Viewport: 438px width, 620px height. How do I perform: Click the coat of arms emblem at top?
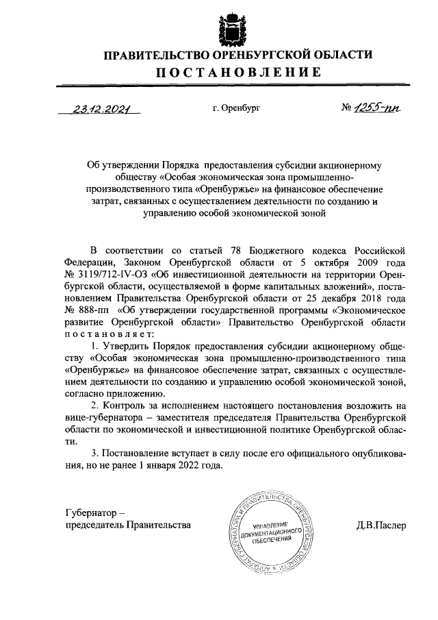point(227,27)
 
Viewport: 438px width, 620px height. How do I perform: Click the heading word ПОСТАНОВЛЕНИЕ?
point(227,72)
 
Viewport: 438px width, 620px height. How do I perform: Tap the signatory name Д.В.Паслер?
point(381,526)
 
